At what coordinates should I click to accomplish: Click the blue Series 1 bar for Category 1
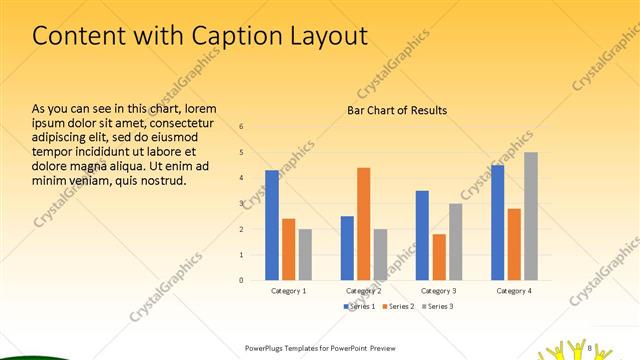[x=272, y=225]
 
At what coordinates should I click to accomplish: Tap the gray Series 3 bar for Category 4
[x=531, y=216]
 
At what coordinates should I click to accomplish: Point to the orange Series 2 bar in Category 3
[x=439, y=257]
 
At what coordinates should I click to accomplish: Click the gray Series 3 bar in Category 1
[x=305, y=254]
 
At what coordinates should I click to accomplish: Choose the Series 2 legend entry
[x=399, y=305]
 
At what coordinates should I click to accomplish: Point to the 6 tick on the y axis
[x=241, y=127]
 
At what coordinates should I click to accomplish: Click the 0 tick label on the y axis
[x=241, y=280]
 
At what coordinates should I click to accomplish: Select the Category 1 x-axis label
[x=289, y=290]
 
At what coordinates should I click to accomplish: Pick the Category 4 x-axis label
[x=514, y=290]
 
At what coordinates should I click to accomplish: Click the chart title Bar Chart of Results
[x=397, y=110]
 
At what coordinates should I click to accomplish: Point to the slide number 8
[x=591, y=347]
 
